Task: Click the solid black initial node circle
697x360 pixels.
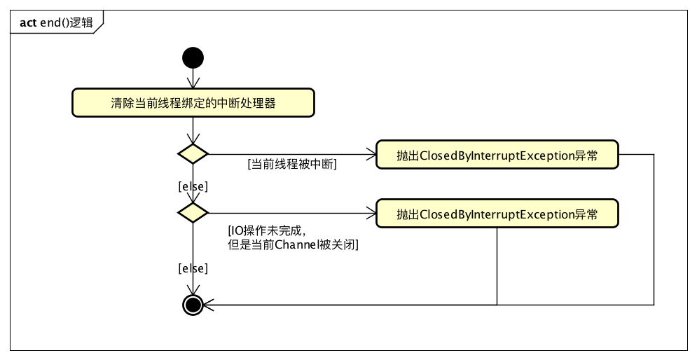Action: click(x=193, y=57)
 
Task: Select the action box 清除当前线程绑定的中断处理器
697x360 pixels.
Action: click(x=193, y=103)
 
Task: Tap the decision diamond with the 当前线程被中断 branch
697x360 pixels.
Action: click(x=193, y=154)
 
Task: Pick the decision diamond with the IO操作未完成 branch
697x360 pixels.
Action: click(x=193, y=212)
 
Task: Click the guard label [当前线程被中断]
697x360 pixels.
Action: click(x=292, y=165)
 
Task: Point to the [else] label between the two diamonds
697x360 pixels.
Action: click(x=193, y=186)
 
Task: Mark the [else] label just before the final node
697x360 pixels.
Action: click(x=193, y=268)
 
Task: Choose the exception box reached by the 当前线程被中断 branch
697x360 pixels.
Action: click(x=497, y=155)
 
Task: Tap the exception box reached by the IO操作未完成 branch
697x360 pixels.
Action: click(x=497, y=214)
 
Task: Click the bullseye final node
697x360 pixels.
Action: click(x=193, y=305)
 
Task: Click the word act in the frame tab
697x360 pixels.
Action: click(x=28, y=22)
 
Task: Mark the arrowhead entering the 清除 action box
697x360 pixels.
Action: click(x=193, y=85)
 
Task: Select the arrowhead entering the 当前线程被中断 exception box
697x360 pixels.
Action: click(x=372, y=154)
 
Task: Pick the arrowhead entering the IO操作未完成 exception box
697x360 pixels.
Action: click(x=372, y=213)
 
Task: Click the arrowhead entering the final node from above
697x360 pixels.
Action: click(x=193, y=291)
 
